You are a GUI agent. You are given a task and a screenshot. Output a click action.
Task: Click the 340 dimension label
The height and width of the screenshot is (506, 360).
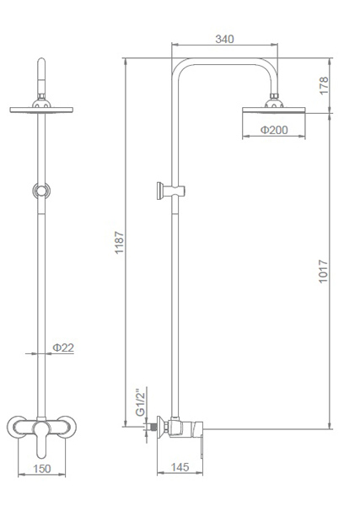tap(224, 39)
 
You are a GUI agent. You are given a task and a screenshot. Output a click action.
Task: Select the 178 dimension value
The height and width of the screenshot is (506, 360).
tap(324, 85)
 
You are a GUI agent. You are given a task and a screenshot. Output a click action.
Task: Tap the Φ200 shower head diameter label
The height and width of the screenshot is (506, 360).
tap(274, 130)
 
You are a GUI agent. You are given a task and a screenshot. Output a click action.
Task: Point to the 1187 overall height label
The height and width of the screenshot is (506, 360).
tap(120, 242)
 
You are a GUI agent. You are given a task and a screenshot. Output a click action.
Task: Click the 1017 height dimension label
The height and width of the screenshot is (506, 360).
tap(323, 272)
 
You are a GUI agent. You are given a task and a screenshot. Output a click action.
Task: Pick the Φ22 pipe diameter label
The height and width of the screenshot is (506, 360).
tap(63, 347)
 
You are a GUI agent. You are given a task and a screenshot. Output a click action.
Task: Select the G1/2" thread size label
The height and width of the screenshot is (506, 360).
tap(141, 403)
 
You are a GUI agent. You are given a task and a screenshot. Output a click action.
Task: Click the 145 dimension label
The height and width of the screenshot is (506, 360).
tap(180, 467)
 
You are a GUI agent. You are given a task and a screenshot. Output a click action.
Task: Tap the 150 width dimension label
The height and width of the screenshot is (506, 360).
tap(42, 469)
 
